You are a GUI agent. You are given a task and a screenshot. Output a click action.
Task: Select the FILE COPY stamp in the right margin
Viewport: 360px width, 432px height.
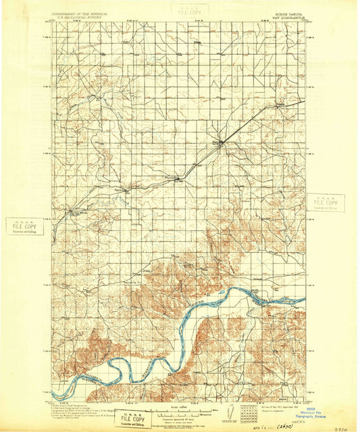pos(326,203)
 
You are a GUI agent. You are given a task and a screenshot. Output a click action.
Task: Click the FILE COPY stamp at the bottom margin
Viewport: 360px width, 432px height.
pos(133,419)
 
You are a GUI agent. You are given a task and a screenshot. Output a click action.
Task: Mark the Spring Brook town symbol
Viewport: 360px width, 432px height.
pos(72,212)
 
